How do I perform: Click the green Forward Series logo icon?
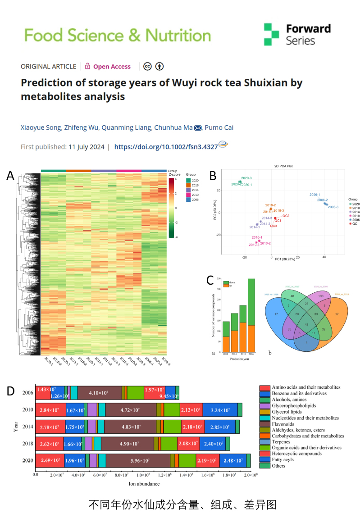271,35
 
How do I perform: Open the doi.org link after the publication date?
166,147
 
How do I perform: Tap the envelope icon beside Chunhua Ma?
198,128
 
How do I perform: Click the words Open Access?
112,67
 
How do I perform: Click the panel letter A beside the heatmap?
10,176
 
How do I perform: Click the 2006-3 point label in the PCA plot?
333,207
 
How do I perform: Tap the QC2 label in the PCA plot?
286,216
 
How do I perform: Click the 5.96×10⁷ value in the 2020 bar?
138,460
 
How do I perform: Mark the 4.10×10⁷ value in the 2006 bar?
99,393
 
